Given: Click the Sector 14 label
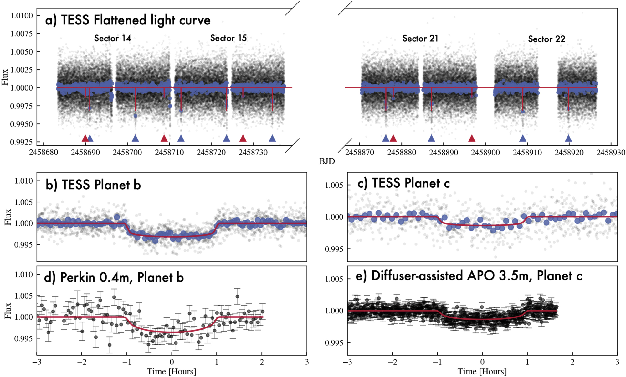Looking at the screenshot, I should click(112, 38).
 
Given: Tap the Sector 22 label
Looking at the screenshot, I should click(546, 39).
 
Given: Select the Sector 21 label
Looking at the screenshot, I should click(420, 39).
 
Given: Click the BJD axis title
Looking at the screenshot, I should click(327, 161).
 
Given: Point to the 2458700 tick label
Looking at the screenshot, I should click(127, 153).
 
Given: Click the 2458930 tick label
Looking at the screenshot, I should click(611, 153).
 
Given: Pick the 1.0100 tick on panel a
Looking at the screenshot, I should click(22, 16).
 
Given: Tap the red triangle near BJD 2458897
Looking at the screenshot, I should click(472, 139).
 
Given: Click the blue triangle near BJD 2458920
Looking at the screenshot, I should click(568, 139).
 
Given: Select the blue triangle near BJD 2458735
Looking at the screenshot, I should click(272, 139).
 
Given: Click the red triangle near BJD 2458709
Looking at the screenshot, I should click(164, 139).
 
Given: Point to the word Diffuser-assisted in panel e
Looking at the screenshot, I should click(417, 276).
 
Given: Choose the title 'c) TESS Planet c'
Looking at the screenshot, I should click(403, 183).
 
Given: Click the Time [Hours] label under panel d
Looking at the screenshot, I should click(172, 371).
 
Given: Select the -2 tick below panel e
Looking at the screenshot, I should click(392, 362).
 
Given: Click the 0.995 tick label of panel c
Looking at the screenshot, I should click(334, 249).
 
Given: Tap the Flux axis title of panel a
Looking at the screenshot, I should click(4, 77).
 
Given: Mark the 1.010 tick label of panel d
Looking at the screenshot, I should click(24, 275).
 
